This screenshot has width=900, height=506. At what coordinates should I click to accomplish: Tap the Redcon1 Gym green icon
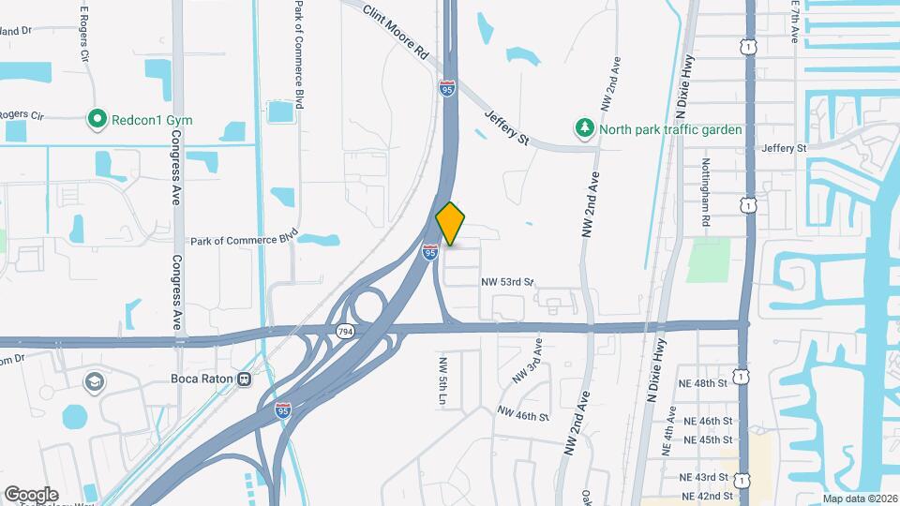pyautogui.click(x=97, y=119)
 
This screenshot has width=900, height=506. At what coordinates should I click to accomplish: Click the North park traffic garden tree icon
pyautogui.click(x=586, y=128)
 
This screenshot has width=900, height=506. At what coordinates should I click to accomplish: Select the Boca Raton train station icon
pyautogui.click(x=244, y=379)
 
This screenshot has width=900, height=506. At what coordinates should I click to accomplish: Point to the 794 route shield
pyautogui.click(x=346, y=332)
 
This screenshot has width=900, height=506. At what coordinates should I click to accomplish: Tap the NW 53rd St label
pyautogui.click(x=507, y=281)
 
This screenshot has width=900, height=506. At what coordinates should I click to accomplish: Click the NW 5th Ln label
pyautogui.click(x=443, y=379)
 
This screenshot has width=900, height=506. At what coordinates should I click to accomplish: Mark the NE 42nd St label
pyautogui.click(x=707, y=496)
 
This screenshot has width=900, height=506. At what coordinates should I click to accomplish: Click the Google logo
pyautogui.click(x=31, y=494)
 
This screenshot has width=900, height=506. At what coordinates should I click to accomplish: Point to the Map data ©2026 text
pyautogui.click(x=860, y=499)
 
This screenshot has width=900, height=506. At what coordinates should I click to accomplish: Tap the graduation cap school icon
pyautogui.click(x=94, y=381)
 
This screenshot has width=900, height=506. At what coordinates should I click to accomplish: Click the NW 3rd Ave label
pyautogui.click(x=527, y=362)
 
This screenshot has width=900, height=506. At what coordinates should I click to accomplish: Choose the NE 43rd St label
pyautogui.click(x=707, y=478)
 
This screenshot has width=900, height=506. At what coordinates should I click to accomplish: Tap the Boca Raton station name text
pyautogui.click(x=198, y=379)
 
